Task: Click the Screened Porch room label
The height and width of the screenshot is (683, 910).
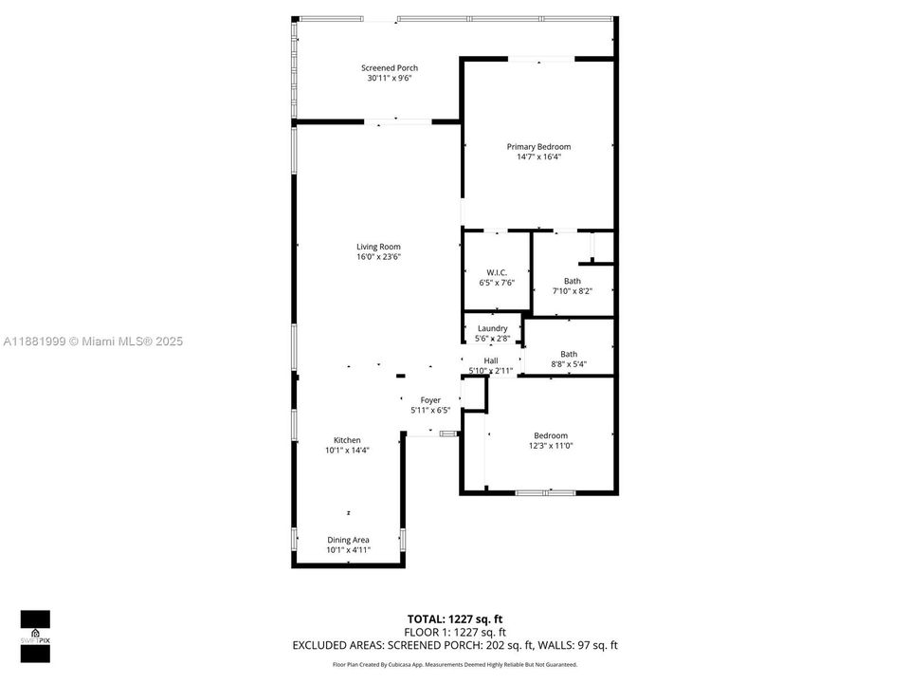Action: [x=389, y=67]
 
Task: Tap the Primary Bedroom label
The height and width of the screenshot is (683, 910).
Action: [x=538, y=146]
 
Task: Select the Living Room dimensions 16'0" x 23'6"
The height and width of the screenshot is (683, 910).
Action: [x=378, y=257]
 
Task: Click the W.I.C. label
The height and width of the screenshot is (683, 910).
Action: [x=496, y=272]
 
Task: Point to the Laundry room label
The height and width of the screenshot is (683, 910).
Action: [x=492, y=328]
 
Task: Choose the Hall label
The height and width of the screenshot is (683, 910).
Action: [x=491, y=360]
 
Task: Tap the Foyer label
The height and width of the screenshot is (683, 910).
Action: [x=430, y=400]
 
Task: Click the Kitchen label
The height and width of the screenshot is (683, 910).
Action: [x=347, y=440]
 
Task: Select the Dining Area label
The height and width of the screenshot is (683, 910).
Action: [x=348, y=540]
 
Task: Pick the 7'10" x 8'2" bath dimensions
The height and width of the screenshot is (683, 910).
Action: [x=573, y=291]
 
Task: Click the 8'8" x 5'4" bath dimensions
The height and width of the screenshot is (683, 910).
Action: [x=569, y=364]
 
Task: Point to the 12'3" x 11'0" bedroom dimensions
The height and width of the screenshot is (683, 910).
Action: [x=551, y=446]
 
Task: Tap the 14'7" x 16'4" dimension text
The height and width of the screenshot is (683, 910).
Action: [x=538, y=157]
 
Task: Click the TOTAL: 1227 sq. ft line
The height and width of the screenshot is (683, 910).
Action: [x=455, y=618]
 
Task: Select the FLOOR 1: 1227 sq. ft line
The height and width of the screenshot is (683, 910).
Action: [x=455, y=632]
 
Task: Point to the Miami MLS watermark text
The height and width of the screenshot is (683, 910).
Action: [x=93, y=341]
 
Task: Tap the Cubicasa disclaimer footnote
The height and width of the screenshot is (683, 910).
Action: [x=455, y=665]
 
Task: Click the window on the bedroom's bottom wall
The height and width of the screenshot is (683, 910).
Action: [x=545, y=492]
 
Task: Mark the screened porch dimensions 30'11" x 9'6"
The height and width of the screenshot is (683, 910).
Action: [x=389, y=78]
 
